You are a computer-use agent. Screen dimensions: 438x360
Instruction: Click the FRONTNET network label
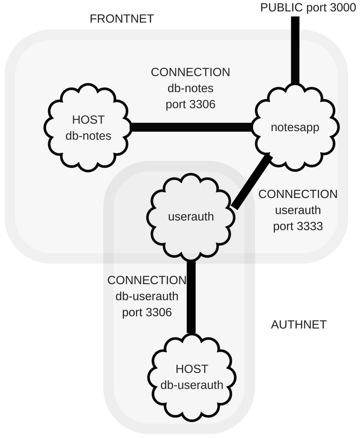click(x=121, y=19)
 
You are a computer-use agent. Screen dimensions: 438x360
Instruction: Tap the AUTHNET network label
click(x=298, y=325)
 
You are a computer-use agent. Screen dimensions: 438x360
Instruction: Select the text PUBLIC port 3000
click(x=308, y=7)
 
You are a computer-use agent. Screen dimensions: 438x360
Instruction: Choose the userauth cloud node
click(x=191, y=217)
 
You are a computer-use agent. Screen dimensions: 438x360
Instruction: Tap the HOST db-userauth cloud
click(x=192, y=376)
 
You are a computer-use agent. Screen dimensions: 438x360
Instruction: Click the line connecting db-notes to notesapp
click(x=192, y=127)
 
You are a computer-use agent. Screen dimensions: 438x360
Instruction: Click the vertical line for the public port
click(x=295, y=51)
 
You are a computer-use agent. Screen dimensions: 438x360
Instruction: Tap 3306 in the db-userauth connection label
click(x=154, y=312)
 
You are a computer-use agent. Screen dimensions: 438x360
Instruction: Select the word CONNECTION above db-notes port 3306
click(x=190, y=72)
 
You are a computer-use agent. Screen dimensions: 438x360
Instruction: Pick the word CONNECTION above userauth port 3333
click(x=298, y=194)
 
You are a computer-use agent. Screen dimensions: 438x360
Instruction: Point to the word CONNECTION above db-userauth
click(x=147, y=280)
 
